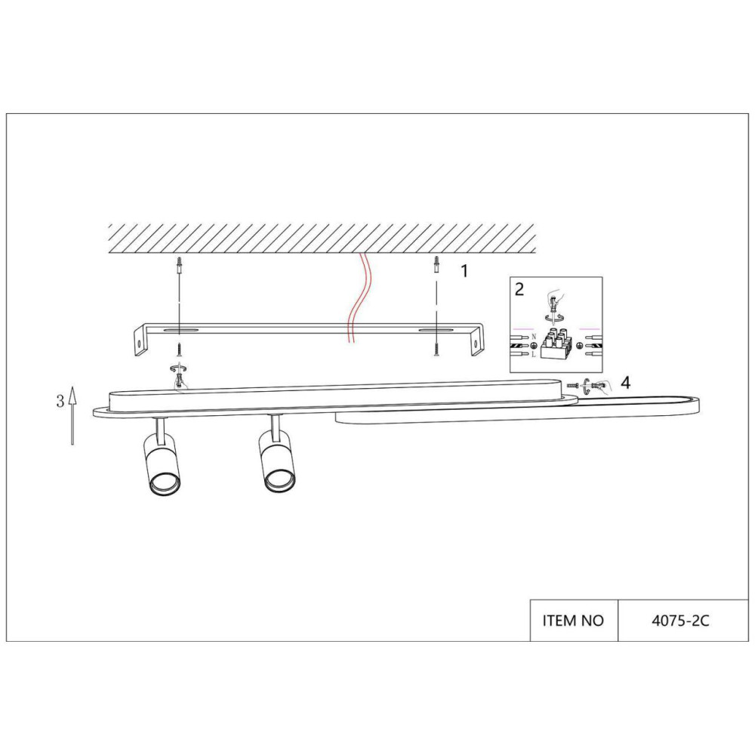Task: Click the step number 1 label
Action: pyautogui.click(x=464, y=271)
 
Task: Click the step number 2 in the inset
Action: pyautogui.click(x=519, y=289)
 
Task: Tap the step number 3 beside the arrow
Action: pyautogui.click(x=60, y=401)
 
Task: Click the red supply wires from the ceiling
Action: pyautogui.click(x=356, y=298)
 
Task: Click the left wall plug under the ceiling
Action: pyautogui.click(x=179, y=266)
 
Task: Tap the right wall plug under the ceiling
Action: pyautogui.click(x=436, y=266)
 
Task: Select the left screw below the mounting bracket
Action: pyautogui.click(x=179, y=349)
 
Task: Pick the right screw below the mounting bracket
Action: pyautogui.click(x=436, y=349)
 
